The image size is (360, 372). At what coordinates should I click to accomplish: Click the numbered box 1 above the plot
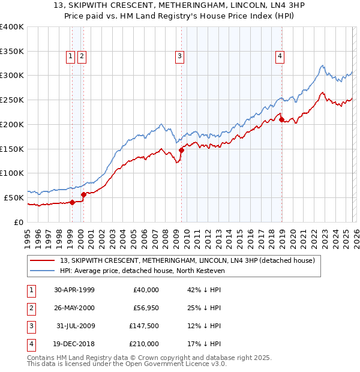(70, 57)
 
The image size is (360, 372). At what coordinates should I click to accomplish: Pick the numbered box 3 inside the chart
(179, 57)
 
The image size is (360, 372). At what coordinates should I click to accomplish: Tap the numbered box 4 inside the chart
(280, 57)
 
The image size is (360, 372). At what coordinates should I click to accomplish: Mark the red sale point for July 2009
(182, 150)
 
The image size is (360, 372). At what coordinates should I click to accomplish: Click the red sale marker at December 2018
(282, 120)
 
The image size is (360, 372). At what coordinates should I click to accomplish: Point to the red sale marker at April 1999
(73, 202)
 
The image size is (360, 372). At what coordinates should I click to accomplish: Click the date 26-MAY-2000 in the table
(74, 308)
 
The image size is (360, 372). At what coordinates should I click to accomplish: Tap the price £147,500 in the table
(143, 326)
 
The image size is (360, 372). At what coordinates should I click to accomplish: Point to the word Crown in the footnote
(153, 358)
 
